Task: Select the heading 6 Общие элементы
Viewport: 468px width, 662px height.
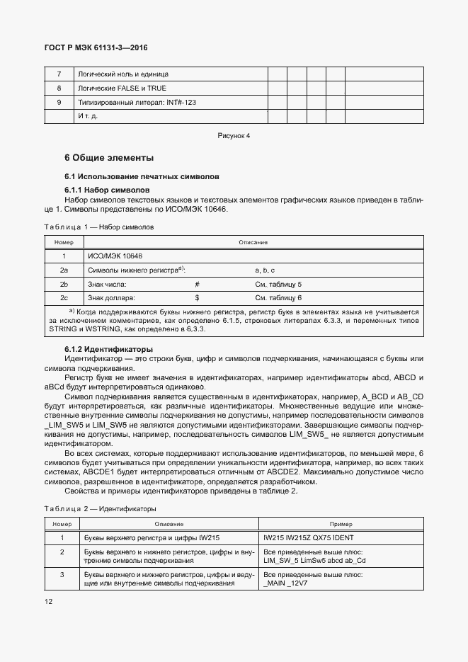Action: point(109,157)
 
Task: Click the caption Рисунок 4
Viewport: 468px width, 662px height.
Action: point(234,135)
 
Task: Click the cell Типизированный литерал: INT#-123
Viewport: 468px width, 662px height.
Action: point(137,103)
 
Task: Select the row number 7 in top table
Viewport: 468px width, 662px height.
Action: point(59,74)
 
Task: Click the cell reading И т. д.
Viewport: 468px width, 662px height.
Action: point(88,116)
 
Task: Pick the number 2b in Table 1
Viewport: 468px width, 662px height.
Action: point(64,284)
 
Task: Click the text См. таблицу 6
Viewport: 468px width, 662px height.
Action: point(278,297)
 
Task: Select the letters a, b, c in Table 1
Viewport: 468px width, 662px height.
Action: point(264,270)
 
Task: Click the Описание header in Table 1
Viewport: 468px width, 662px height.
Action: point(253,243)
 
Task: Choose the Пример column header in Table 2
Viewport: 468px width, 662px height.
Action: point(341,524)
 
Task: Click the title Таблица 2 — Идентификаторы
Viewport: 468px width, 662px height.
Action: point(101,509)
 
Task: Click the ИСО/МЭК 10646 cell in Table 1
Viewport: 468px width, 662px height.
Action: point(110,256)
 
